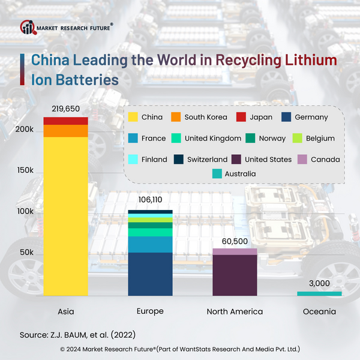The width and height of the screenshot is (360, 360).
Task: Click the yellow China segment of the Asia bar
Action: [66, 216]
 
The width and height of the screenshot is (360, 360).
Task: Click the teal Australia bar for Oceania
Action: [319, 293]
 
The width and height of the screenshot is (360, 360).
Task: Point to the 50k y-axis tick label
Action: [25, 253]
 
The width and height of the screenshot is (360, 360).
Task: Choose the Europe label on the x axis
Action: [150, 311]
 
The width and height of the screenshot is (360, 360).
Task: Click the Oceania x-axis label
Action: [319, 311]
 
